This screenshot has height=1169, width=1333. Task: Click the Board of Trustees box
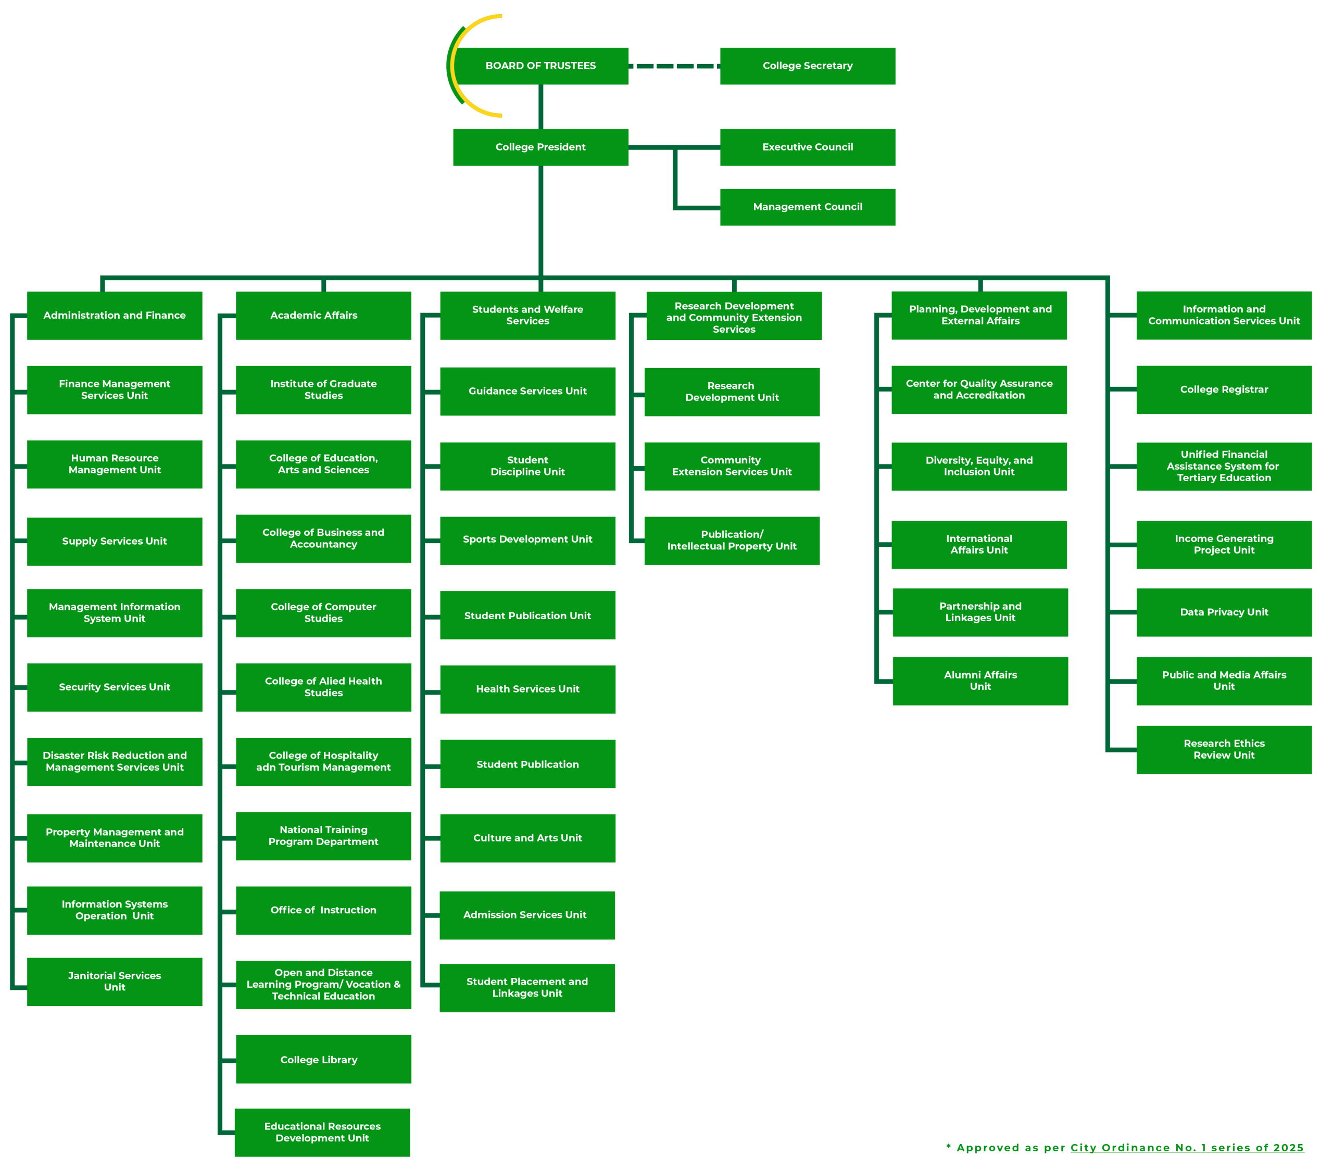pyautogui.click(x=540, y=66)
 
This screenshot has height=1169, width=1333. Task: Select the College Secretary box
pyautogui.click(x=808, y=66)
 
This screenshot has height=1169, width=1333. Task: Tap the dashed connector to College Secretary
pyautogui.click(x=674, y=66)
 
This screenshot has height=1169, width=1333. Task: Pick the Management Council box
pyautogui.click(x=808, y=207)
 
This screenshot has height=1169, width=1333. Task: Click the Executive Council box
pyautogui.click(x=808, y=147)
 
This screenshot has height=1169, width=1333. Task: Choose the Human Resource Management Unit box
pyautogui.click(x=114, y=464)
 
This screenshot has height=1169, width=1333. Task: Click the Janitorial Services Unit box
pyautogui.click(x=114, y=981)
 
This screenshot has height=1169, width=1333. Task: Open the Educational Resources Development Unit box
pyautogui.click(x=322, y=1132)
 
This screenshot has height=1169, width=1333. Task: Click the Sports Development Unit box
pyautogui.click(x=527, y=540)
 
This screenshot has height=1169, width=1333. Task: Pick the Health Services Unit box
pyautogui.click(x=527, y=689)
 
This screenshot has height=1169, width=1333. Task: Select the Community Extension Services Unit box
pyautogui.click(x=732, y=467)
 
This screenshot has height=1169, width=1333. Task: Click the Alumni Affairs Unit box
pyautogui.click(x=980, y=681)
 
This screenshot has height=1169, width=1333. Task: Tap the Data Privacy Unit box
pyautogui.click(x=1224, y=612)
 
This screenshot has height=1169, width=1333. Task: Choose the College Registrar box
pyautogui.click(x=1224, y=389)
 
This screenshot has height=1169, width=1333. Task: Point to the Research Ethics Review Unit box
pyautogui.click(x=1224, y=749)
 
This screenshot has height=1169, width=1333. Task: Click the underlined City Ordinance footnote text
pyautogui.click(x=1187, y=1148)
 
